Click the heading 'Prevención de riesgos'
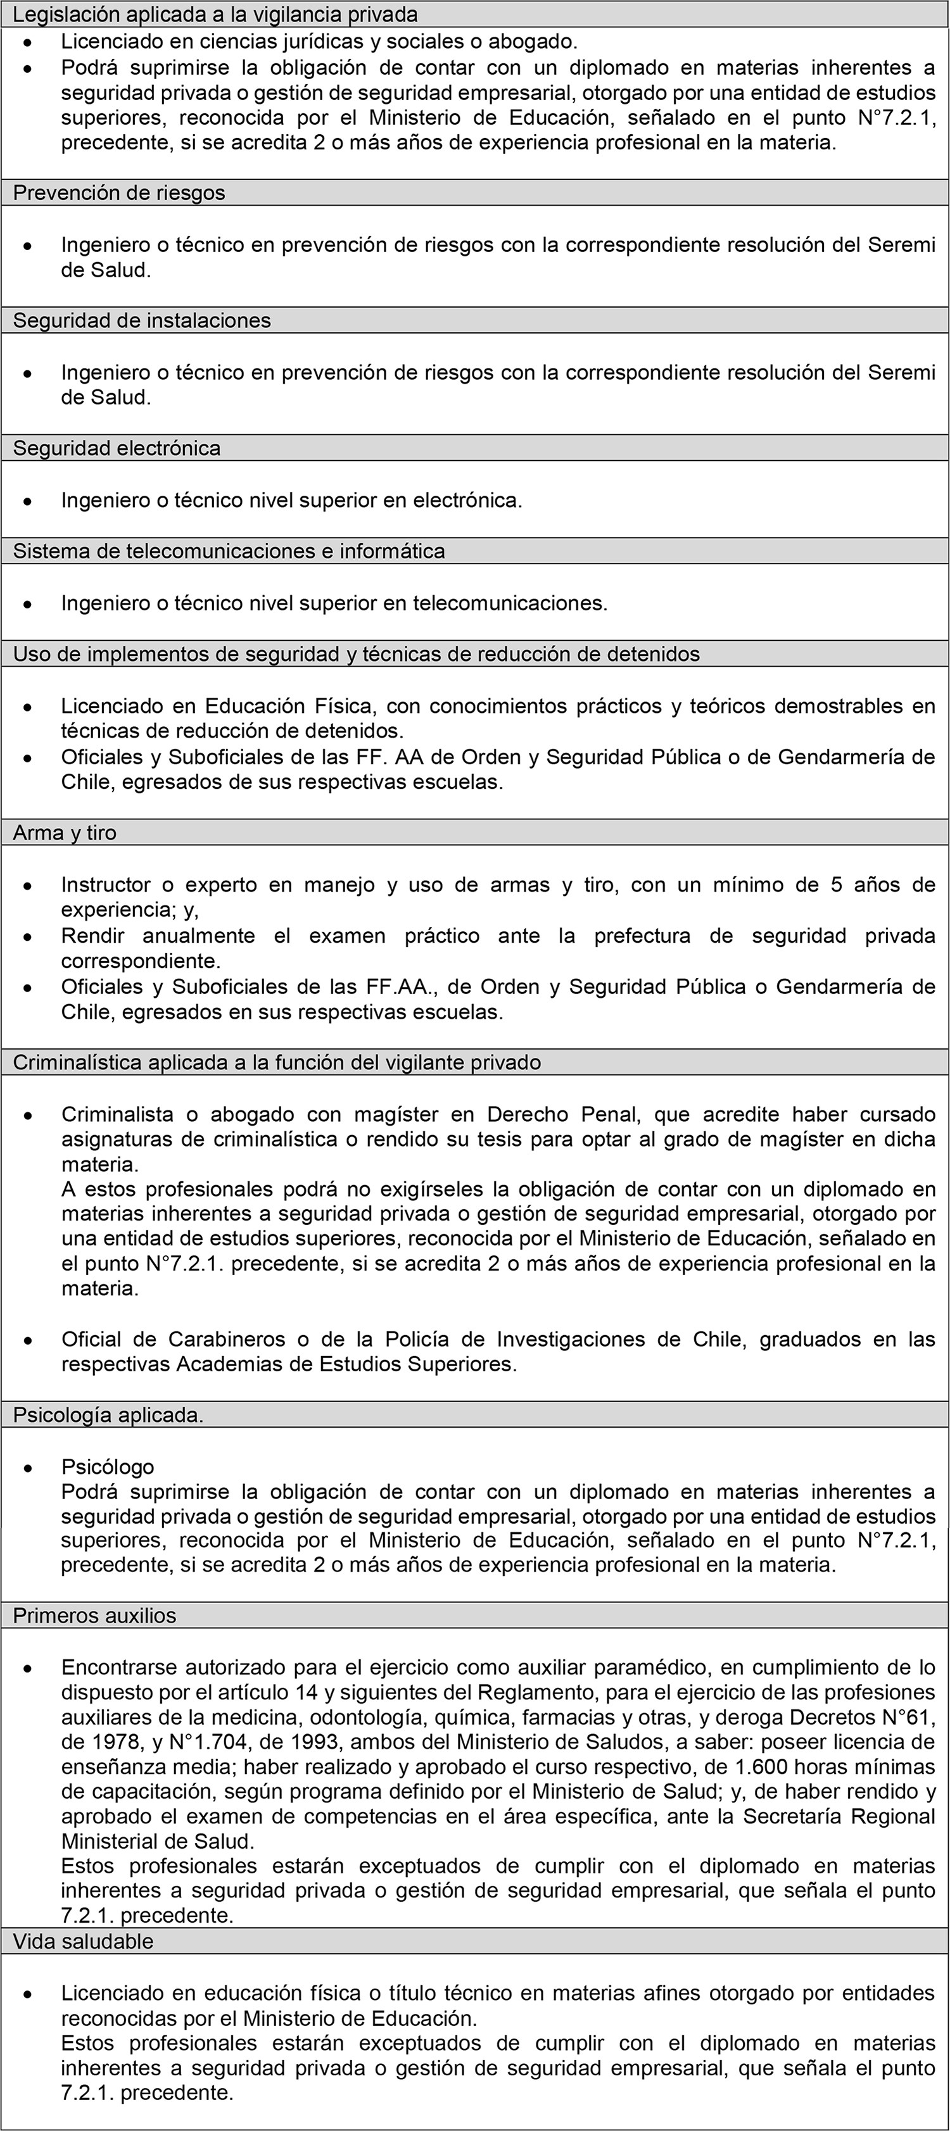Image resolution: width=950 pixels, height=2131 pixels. pos(119,192)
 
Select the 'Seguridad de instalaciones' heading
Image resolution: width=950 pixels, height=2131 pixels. pos(141,320)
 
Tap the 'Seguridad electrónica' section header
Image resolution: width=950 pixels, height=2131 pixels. pos(117,448)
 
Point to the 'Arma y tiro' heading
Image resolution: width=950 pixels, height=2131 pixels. pos(65,833)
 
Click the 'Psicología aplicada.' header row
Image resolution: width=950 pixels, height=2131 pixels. pos(108,1416)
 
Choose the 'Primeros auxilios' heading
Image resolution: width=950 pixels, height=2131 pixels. pos(94,1616)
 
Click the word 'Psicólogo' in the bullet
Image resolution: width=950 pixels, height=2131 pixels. pos(108,1467)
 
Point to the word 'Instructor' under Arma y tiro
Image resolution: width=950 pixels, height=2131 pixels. pos(106,885)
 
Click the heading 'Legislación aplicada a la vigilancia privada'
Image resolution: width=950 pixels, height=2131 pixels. pos(215,14)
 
